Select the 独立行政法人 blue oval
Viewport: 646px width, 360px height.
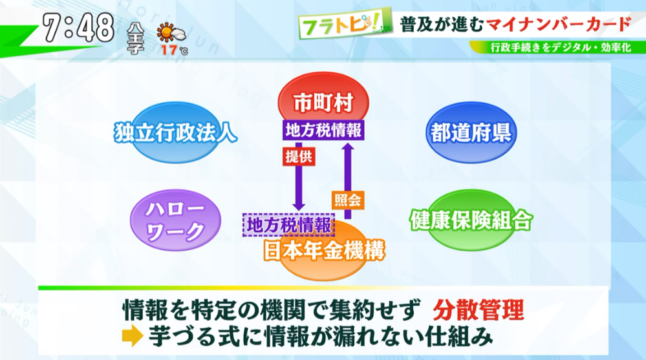coord(176,132)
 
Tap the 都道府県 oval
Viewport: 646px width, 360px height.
coord(471,132)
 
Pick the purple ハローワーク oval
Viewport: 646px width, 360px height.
coord(175,220)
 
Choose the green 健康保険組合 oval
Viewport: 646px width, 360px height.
coord(471,220)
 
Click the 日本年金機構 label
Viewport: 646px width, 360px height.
coord(324,250)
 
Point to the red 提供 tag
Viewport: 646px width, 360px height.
coord(299,156)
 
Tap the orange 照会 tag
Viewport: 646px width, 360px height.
coord(348,200)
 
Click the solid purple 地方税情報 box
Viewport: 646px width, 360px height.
coord(323,130)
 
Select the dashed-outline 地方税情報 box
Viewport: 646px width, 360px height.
coord(289,225)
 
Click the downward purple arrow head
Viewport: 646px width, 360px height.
coord(299,206)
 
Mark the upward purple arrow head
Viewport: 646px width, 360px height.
coord(348,147)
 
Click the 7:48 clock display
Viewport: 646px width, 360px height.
coord(78,28)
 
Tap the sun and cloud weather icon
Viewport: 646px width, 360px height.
coord(171,33)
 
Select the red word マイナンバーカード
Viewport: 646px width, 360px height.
coord(559,24)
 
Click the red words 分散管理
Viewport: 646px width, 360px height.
coord(479,310)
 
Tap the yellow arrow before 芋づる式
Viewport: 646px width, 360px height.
coord(133,336)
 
